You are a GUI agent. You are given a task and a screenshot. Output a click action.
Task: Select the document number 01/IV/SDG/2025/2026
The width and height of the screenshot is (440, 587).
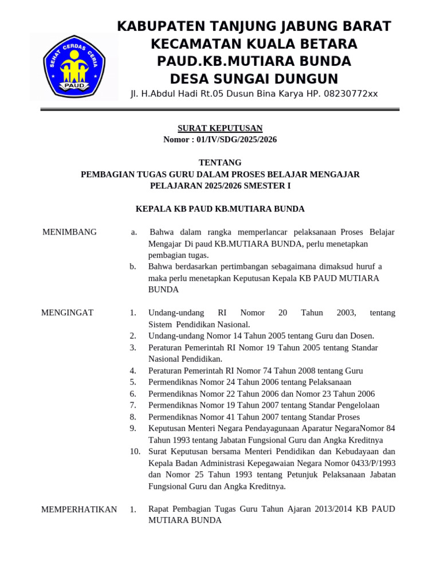(x=237, y=139)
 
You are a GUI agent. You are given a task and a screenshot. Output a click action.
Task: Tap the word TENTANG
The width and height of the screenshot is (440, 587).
(x=219, y=163)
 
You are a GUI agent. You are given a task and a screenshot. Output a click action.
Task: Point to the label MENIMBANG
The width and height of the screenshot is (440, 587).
(x=69, y=232)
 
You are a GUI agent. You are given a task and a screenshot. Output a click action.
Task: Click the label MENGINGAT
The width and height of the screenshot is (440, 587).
(x=67, y=313)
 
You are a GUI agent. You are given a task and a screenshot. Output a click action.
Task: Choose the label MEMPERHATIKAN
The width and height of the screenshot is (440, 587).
(x=79, y=510)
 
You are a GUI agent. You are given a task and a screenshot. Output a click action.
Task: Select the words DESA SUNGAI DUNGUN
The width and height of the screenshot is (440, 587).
(x=254, y=79)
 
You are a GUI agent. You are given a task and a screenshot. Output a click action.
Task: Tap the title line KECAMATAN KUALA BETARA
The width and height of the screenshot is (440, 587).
(x=254, y=44)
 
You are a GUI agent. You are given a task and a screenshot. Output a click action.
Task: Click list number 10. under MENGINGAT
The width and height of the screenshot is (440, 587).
(x=135, y=452)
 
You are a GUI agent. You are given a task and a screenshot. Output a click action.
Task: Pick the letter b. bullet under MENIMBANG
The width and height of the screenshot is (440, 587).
(x=132, y=267)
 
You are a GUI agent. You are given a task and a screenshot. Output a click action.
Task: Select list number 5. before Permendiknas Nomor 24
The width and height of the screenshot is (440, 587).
(x=132, y=382)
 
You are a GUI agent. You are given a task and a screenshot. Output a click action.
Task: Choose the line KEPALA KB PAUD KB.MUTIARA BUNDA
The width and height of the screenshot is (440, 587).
(x=219, y=209)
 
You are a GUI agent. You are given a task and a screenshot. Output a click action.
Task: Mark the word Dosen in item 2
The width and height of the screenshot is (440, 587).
(x=361, y=336)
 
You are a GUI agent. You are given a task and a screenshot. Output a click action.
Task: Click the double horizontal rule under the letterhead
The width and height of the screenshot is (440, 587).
(x=219, y=109)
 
